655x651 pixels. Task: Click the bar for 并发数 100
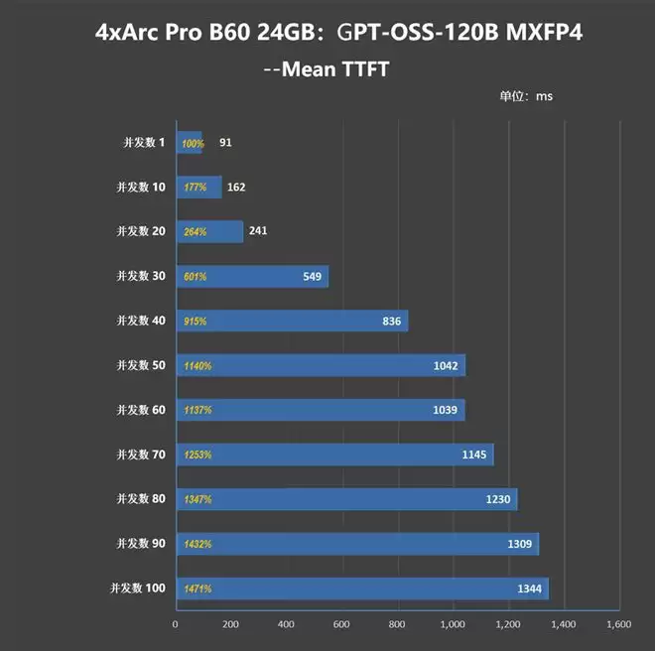pos(361,588)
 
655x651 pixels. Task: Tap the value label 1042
pos(446,366)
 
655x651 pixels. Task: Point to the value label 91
pos(226,143)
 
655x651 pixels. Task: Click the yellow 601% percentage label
pos(195,277)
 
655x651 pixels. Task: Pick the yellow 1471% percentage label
pos(197,589)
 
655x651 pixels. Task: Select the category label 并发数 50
pos(141,365)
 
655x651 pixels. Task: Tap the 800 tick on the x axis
pos(397,625)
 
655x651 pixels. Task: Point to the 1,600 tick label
pos(618,625)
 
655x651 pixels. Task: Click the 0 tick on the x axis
pos(176,625)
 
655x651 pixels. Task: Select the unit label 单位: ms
pos(526,97)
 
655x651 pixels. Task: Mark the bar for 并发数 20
pos(209,231)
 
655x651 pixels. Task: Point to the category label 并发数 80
pos(141,499)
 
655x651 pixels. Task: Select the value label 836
pos(391,322)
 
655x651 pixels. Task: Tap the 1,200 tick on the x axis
pos(507,625)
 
